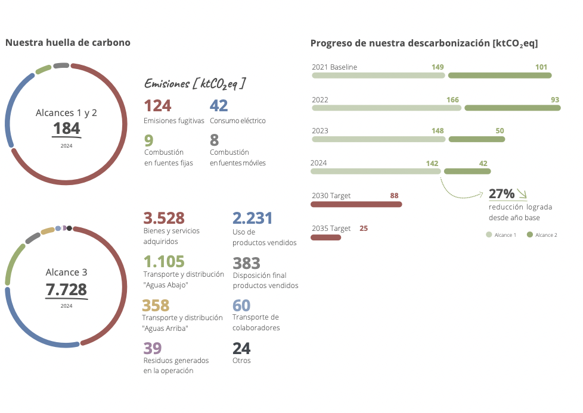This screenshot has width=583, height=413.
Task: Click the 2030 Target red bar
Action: pyautogui.click(x=356, y=204)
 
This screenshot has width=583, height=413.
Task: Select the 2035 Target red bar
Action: pyautogui.click(x=325, y=237)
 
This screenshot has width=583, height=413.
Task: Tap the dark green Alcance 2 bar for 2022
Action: pyautogui.click(x=512, y=108)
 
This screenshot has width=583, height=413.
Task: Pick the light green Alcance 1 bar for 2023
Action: pyautogui.click(x=379, y=139)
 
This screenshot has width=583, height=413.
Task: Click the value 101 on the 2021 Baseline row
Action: pyautogui.click(x=541, y=67)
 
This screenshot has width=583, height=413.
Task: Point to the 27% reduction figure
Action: pyautogui.click(x=501, y=194)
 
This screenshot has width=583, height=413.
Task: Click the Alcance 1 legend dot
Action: pyautogui.click(x=489, y=235)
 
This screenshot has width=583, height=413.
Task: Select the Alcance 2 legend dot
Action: pyautogui.click(x=530, y=235)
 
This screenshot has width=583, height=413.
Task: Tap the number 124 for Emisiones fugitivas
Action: pyautogui.click(x=157, y=106)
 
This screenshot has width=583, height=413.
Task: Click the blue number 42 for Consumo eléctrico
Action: pyautogui.click(x=219, y=106)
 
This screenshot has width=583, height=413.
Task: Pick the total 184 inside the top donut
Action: pyautogui.click(x=66, y=128)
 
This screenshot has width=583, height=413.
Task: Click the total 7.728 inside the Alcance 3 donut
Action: pyautogui.click(x=66, y=290)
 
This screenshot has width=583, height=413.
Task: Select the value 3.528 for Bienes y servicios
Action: pyautogui.click(x=164, y=218)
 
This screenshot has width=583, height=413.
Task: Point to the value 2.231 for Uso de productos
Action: pyautogui.click(x=252, y=218)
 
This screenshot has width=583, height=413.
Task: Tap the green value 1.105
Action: pyautogui.click(x=164, y=262)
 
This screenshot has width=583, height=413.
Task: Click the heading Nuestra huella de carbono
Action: pyautogui.click(x=67, y=43)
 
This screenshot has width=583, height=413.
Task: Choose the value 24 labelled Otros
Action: pyautogui.click(x=241, y=348)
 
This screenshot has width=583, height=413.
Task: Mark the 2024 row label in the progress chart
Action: pyautogui.click(x=319, y=162)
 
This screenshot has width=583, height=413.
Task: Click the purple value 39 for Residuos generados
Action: pyautogui.click(x=152, y=348)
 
